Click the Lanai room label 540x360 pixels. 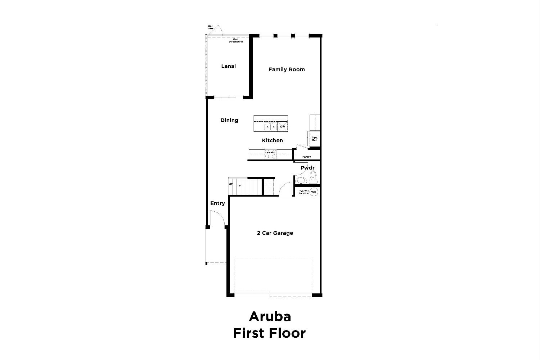(228, 66)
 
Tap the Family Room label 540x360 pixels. (287, 69)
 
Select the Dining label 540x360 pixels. (229, 120)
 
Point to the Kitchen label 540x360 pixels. (272, 140)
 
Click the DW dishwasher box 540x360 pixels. (283, 127)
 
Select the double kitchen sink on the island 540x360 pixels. (270, 127)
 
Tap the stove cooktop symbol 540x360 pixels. (270, 154)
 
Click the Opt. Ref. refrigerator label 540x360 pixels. (315, 139)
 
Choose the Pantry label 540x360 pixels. (307, 157)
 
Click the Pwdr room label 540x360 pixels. (307, 168)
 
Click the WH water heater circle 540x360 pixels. (314, 192)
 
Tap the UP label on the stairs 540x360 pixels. (231, 184)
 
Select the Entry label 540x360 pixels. (217, 203)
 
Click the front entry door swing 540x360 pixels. (217, 219)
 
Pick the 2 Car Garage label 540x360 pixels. (275, 233)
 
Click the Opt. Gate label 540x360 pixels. (211, 27)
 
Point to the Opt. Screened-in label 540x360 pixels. (236, 40)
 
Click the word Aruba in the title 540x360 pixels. (270, 316)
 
